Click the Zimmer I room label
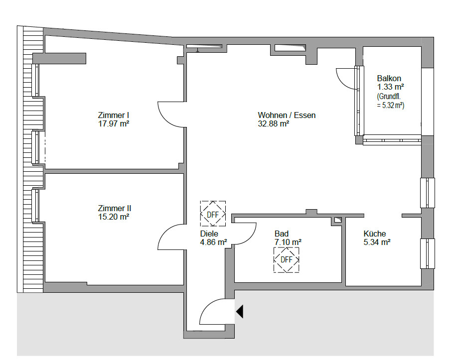coord(113,115)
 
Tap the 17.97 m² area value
coord(114,124)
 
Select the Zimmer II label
coord(115,208)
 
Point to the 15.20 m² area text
coord(114,217)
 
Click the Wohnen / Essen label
coord(287,115)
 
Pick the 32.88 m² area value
coord(274,124)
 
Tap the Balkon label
coord(389,78)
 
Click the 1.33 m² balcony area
coord(391,87)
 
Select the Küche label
coord(374,234)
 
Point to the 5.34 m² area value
coord(377,242)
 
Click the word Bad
coord(282,234)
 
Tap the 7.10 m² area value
coord(288,242)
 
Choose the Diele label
coord(209,234)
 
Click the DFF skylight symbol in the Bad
coord(286,260)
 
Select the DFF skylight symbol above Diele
coord(213,214)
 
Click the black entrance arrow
coord(240,311)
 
